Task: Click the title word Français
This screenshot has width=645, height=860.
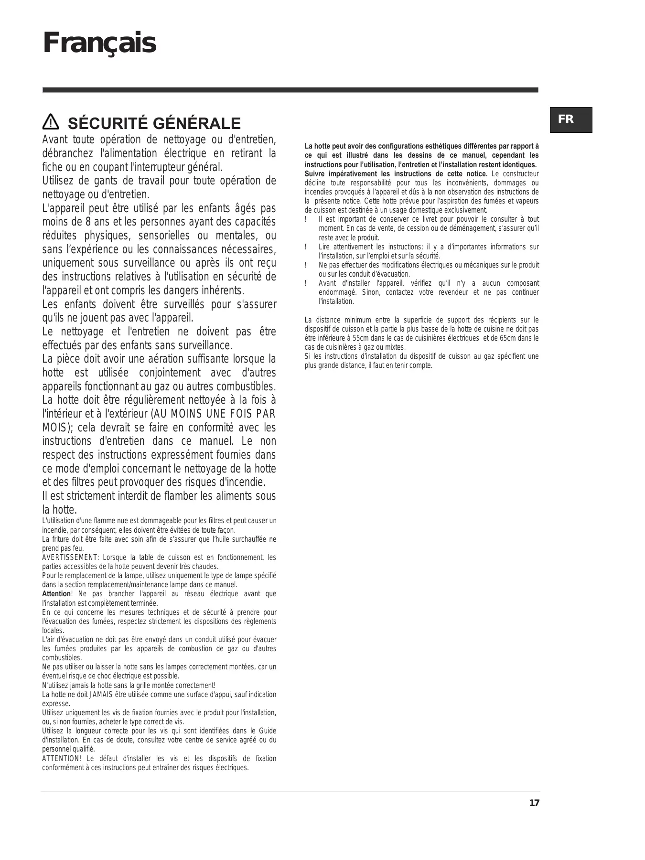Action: (99, 43)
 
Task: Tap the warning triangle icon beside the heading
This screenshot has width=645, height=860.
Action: (50, 123)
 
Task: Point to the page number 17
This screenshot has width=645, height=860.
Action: (534, 803)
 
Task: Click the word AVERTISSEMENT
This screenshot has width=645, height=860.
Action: (70, 558)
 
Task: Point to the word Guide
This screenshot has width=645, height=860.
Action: (268, 731)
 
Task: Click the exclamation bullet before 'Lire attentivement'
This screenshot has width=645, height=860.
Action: (306, 247)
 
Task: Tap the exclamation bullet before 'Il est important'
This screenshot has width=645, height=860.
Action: (306, 219)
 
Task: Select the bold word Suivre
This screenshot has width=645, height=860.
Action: (316, 174)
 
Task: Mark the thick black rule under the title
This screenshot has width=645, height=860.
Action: (290, 90)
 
